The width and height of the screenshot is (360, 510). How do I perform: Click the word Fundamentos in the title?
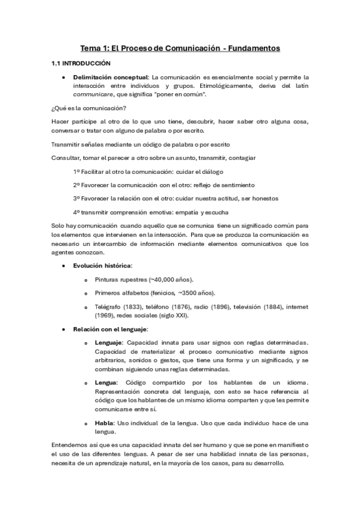click(x=252, y=48)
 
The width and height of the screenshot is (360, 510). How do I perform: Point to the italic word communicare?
click(x=92, y=94)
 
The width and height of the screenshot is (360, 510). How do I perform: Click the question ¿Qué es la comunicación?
click(x=81, y=108)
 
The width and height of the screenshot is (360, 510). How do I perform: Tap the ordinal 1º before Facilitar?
click(x=76, y=171)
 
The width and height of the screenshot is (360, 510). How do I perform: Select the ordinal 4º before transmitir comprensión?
click(x=76, y=212)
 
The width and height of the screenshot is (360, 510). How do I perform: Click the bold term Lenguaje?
click(x=109, y=343)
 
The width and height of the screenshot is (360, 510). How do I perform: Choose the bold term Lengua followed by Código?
click(x=106, y=382)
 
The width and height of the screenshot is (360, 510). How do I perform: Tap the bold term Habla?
click(x=105, y=423)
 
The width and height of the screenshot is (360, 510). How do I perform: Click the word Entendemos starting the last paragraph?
click(x=70, y=444)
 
